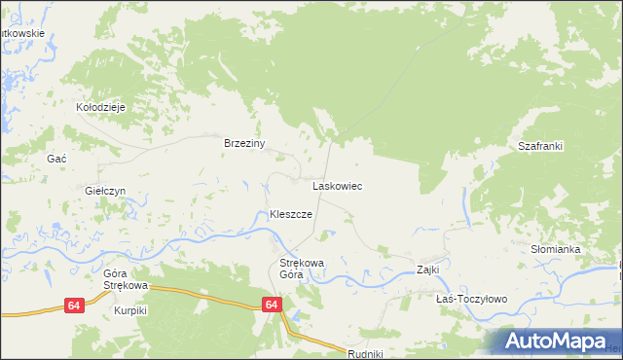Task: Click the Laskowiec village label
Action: click(x=337, y=185)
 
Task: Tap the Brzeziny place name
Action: click(x=245, y=143)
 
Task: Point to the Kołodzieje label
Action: click(x=102, y=107)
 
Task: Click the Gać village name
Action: click(x=56, y=158)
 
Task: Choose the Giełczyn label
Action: click(x=106, y=192)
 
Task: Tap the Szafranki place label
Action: click(x=540, y=146)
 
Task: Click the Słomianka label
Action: click(x=555, y=250)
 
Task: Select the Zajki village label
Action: click(x=428, y=270)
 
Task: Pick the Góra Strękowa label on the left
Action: click(x=125, y=280)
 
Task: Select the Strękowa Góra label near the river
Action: click(x=302, y=269)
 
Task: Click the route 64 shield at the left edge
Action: click(x=74, y=306)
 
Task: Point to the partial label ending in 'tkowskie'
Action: click(x=23, y=33)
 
